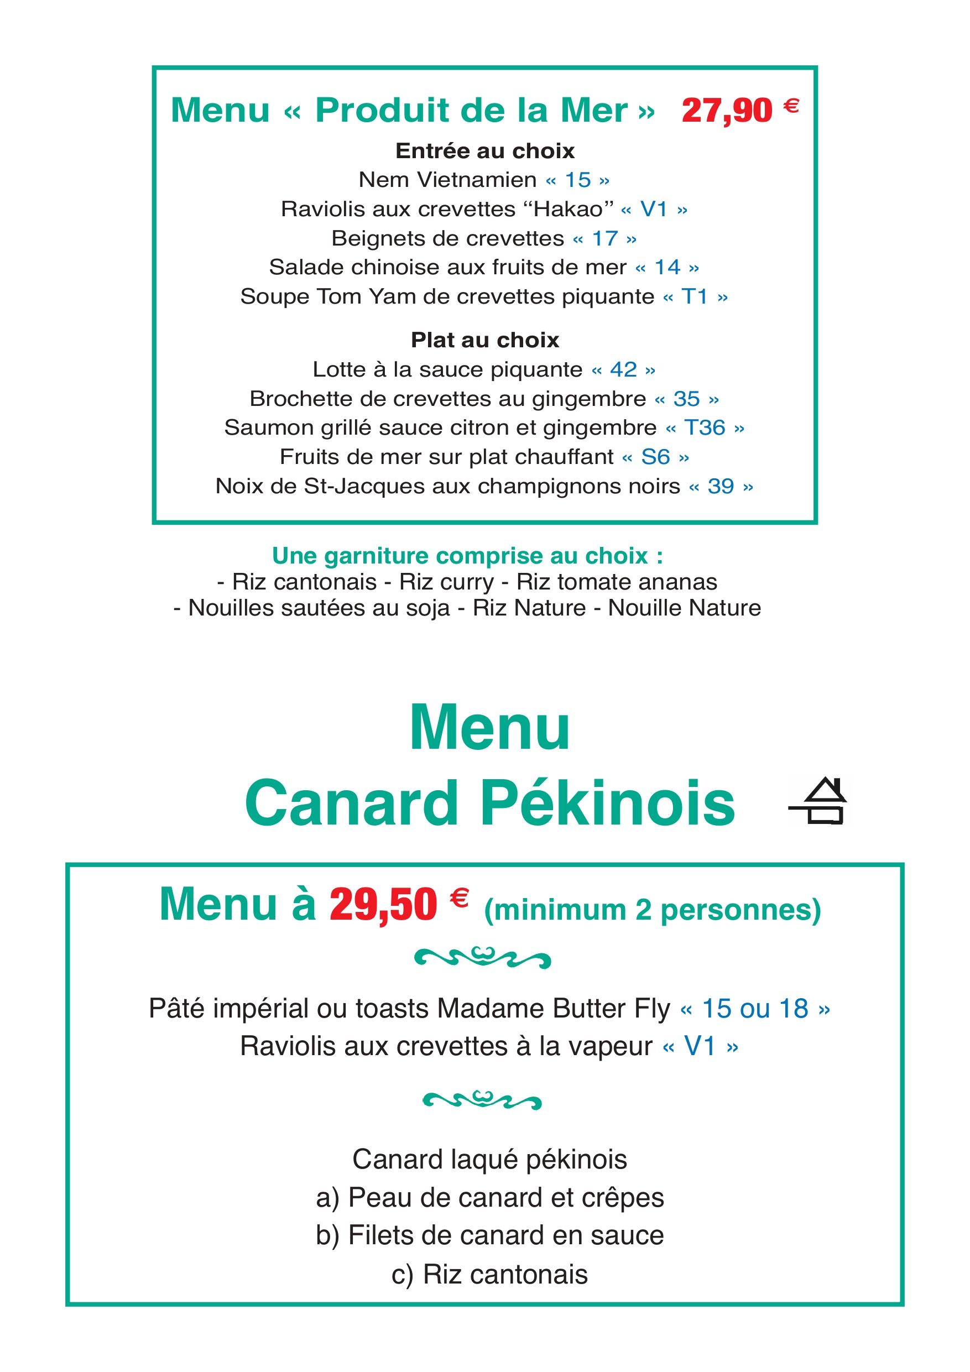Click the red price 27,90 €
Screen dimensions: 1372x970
coord(739,111)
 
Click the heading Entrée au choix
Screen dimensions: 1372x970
coord(484,150)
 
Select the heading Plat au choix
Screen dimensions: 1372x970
coord(484,340)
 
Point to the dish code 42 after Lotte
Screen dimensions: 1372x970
coord(623,369)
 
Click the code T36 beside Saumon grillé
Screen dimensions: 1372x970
coord(705,428)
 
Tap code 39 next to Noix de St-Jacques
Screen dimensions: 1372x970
coord(720,487)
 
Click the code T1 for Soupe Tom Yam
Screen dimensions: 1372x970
coord(695,296)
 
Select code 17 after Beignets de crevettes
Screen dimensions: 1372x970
coord(604,238)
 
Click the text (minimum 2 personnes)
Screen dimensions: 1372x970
coord(652,910)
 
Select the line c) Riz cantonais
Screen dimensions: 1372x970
coord(489,1275)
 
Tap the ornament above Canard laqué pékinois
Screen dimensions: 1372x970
coord(482,1099)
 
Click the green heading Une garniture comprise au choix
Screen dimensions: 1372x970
coord(467,556)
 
